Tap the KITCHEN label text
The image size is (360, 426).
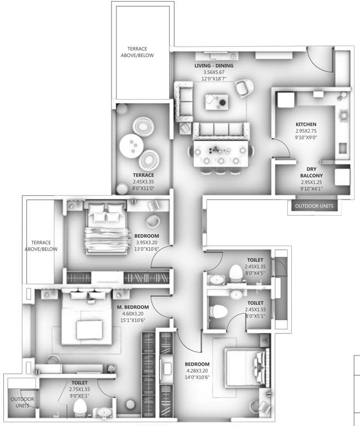[306, 124]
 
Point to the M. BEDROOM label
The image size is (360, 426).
[133, 307]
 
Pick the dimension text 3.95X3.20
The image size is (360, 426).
[147, 242]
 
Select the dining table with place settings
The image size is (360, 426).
[220, 151]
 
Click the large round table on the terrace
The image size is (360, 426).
[133, 147]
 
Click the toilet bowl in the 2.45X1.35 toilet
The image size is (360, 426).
[237, 273]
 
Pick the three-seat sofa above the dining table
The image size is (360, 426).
[221, 130]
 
